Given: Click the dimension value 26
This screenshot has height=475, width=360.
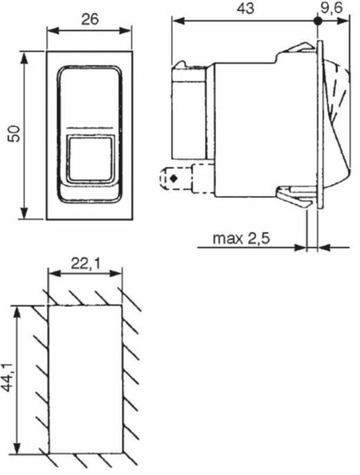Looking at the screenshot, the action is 90,19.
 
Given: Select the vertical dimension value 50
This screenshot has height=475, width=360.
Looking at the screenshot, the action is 15,134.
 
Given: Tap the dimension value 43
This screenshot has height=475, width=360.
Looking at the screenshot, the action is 246,8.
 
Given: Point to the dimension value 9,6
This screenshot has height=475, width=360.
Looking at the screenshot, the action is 331,8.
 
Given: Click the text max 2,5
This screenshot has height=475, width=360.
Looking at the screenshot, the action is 241,239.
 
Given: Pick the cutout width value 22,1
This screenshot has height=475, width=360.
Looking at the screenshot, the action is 85,264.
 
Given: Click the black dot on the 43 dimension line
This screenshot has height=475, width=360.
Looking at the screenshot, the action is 317,21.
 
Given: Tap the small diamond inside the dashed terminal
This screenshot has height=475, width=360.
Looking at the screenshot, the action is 174,179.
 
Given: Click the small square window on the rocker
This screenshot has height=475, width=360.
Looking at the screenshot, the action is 90,159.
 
